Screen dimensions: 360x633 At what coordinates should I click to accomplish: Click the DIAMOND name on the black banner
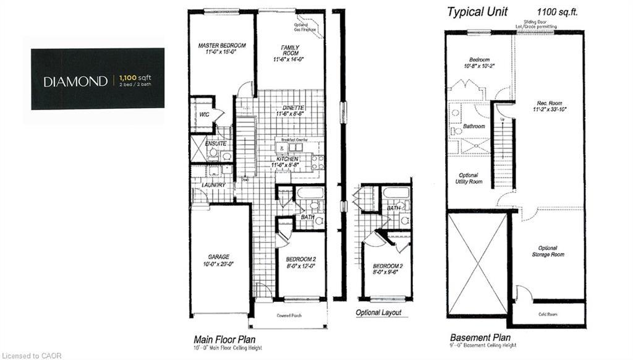[75, 81]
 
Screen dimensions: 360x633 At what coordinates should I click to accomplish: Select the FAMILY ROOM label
[290, 51]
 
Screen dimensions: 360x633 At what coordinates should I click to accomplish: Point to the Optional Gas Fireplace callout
[304, 27]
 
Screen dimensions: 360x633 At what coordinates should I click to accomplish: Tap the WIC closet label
[203, 115]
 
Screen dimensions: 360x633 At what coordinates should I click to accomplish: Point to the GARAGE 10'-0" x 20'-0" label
[219, 260]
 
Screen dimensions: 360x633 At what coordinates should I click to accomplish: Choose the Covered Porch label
[289, 314]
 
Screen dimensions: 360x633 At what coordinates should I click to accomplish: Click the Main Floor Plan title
[224, 339]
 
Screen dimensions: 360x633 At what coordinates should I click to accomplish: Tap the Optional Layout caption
[378, 312]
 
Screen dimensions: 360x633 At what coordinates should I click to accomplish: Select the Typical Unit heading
[477, 12]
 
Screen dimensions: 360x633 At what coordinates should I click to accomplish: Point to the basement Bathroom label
[474, 126]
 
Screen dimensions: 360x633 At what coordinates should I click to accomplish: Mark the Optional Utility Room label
[469, 178]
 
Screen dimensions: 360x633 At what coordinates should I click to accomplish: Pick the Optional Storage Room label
[548, 251]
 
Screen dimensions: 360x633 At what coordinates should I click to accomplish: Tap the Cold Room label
[547, 314]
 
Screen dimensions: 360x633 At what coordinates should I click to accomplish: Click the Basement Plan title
[480, 338]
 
